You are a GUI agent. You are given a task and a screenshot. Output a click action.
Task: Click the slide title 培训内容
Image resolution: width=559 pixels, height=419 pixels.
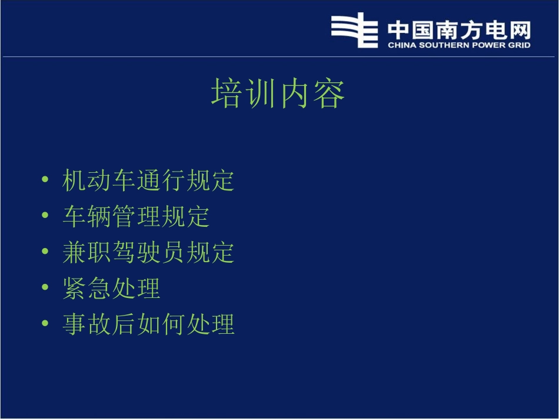278,95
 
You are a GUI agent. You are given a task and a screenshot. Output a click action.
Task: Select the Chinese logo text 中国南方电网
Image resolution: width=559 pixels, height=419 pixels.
459,29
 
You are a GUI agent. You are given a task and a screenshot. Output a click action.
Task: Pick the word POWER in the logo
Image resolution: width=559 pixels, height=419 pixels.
487,45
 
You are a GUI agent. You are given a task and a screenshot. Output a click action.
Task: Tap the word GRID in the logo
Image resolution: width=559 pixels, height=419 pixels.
520,45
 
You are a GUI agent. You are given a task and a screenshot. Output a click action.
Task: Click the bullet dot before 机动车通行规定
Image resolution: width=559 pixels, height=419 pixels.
45,180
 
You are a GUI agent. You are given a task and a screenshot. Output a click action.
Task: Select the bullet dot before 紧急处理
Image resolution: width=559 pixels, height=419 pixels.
45,288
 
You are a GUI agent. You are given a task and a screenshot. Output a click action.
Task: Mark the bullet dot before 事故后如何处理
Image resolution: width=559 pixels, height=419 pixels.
45,324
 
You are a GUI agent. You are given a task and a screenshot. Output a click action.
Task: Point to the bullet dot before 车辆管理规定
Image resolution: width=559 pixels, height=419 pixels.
45,216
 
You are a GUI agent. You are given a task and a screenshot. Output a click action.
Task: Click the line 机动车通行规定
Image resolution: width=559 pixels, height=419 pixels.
148,180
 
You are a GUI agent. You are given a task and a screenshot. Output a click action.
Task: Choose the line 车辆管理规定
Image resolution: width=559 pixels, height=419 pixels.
136,216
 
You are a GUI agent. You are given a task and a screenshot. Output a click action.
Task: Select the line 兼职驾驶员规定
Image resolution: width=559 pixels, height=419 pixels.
148,252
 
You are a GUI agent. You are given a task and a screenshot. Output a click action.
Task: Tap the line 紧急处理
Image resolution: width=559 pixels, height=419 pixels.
111,288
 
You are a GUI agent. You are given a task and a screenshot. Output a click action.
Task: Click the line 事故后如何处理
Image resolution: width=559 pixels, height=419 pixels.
148,324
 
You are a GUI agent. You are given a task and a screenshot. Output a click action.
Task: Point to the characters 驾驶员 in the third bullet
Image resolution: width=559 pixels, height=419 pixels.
148,252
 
